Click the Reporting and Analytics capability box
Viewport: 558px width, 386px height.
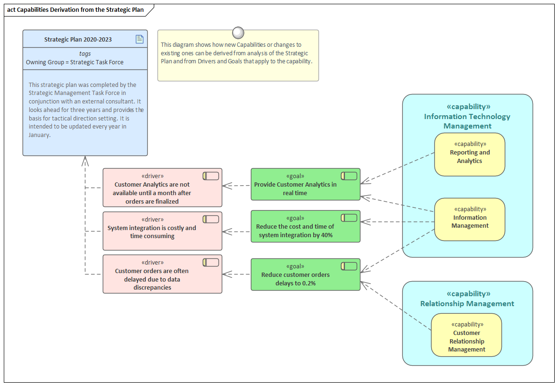(x=469, y=154)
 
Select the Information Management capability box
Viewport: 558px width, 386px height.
(x=469, y=220)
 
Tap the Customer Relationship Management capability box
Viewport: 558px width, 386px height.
(x=466, y=335)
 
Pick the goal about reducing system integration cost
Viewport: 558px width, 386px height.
(x=305, y=226)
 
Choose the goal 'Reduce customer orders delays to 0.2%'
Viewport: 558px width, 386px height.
(x=305, y=274)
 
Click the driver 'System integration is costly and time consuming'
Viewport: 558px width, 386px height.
(x=162, y=231)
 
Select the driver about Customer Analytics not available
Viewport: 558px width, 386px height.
(x=162, y=188)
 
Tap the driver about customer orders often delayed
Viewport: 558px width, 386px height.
(x=162, y=274)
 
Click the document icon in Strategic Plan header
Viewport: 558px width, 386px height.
(x=140, y=39)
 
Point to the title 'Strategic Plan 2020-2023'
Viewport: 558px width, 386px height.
(x=78, y=40)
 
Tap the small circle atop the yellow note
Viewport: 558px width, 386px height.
(x=238, y=33)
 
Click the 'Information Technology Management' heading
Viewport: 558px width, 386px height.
(x=467, y=121)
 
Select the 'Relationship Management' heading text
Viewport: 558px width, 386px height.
(x=467, y=304)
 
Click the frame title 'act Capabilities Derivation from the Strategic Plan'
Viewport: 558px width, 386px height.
(x=75, y=10)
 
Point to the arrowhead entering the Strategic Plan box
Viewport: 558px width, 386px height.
(x=85, y=160)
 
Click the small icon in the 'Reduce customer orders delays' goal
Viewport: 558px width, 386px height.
(x=350, y=266)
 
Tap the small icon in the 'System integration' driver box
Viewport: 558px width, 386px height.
(x=211, y=219)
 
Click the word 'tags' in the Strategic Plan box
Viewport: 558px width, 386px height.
(x=85, y=54)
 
